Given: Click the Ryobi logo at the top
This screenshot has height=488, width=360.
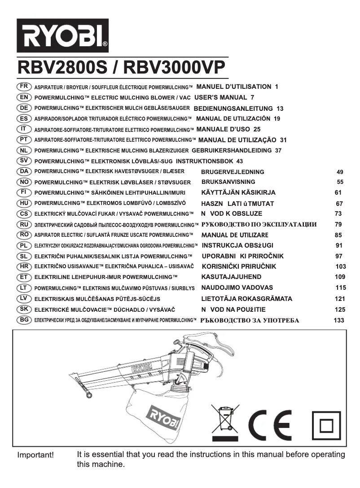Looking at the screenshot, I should click(63, 35).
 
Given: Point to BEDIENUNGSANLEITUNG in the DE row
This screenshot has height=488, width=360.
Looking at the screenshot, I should click(233, 109).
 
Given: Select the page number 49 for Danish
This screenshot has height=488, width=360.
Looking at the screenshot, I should click(340, 172).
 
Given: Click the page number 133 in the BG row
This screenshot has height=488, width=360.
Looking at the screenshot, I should click(339, 320).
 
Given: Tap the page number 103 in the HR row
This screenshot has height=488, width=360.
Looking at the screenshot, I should click(341, 266).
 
